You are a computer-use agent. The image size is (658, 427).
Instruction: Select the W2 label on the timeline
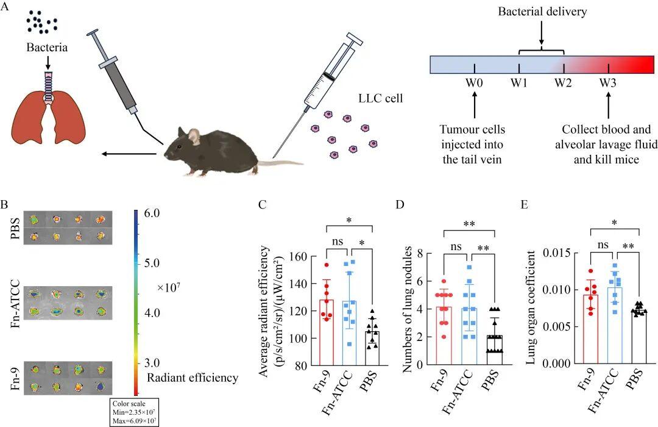pos(564,83)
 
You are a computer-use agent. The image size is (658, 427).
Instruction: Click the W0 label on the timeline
pos(475,83)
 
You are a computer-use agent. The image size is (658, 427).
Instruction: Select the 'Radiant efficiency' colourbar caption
pos(193,378)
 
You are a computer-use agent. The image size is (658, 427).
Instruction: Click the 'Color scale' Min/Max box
pos(135,412)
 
